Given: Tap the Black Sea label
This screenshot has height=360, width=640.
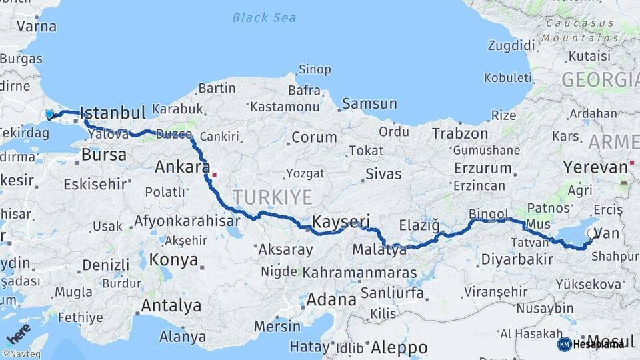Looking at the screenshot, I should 264,17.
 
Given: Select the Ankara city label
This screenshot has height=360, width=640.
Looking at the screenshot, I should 183,167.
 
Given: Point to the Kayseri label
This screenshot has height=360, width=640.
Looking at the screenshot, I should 341,221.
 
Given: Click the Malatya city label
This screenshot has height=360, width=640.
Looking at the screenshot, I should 379,251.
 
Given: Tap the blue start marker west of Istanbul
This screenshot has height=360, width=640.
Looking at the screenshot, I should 49,114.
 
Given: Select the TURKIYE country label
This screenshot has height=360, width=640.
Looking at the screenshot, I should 272,197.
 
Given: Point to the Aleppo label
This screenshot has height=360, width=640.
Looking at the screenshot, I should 399,347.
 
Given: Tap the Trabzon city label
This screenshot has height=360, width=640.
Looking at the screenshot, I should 460,133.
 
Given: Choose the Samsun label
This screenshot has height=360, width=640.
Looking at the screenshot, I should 369,104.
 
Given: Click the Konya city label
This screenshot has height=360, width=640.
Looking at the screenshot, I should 173,259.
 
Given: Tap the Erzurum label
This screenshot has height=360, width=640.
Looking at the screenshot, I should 483,168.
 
